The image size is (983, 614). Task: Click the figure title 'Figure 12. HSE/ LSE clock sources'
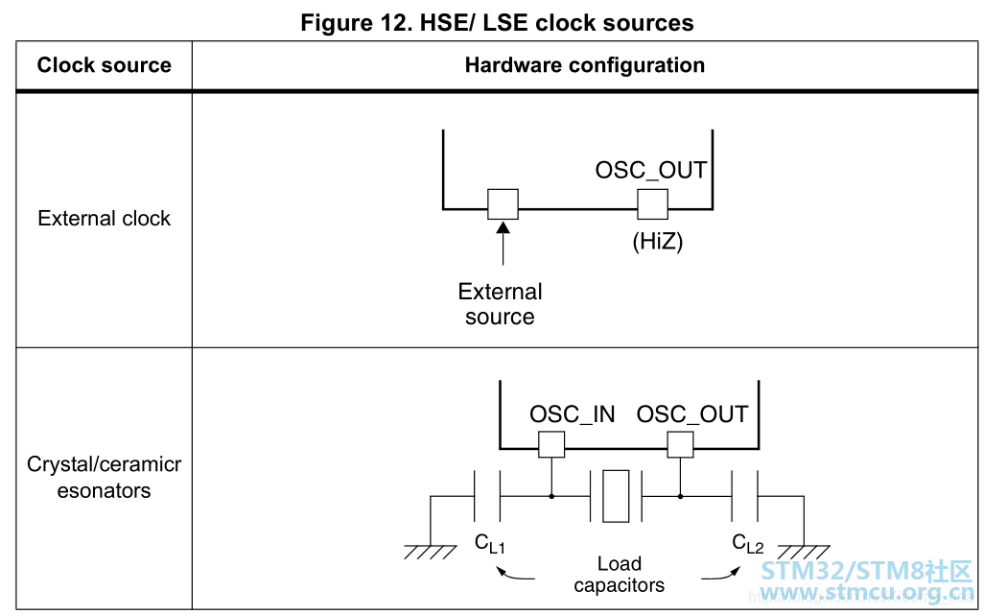(497, 22)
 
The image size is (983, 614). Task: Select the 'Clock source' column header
(104, 65)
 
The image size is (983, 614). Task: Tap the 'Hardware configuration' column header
(584, 65)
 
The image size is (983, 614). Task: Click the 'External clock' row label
(104, 219)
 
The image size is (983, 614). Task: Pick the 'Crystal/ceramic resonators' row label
(104, 478)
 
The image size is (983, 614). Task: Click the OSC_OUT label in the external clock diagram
(651, 171)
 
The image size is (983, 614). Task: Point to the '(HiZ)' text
(657, 242)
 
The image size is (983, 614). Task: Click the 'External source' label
(501, 304)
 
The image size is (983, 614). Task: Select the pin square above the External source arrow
(503, 204)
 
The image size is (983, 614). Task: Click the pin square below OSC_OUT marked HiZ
(653, 204)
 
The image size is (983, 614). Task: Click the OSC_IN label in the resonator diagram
(573, 414)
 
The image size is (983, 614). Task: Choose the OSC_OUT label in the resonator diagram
(692, 414)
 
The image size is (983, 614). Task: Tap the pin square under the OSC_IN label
(551, 444)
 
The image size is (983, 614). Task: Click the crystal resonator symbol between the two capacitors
(616, 496)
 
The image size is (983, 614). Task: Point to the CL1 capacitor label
(489, 544)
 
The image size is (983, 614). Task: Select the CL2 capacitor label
(748, 544)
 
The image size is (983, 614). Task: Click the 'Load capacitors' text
(620, 574)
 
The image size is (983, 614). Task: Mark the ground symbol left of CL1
(430, 551)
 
